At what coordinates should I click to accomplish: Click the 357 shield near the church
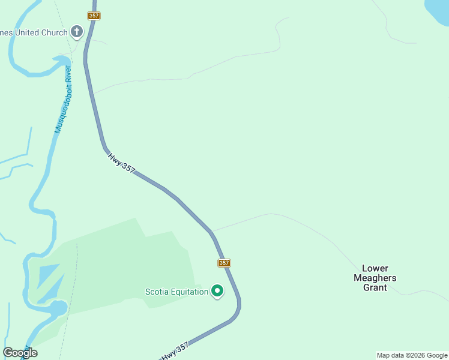coord(94,16)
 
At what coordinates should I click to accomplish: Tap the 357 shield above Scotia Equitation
coord(224,263)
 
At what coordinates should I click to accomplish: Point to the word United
coord(25,32)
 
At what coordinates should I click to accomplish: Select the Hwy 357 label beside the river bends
coord(121,163)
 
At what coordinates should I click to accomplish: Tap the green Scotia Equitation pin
coord(217,291)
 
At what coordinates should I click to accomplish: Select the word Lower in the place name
coord(375,268)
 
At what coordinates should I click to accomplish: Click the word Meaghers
coord(375,278)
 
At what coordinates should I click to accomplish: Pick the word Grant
coord(375,287)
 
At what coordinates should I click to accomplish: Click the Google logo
coord(20,353)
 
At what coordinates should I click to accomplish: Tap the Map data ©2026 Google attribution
coord(412,355)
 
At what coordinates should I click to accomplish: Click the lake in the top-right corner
coord(438,10)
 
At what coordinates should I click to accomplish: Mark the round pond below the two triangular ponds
coord(58,308)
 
